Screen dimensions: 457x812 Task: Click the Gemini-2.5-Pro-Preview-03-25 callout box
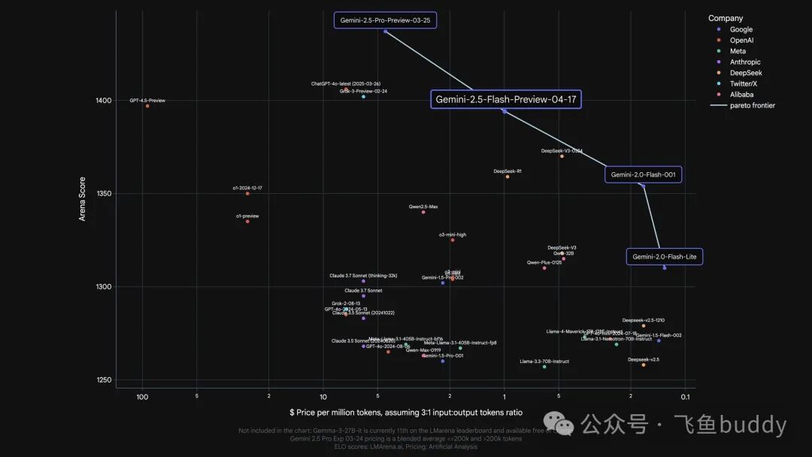(x=385, y=20)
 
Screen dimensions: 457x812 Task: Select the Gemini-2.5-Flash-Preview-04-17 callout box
(x=506, y=99)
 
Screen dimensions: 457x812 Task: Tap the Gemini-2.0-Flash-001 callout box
(x=644, y=174)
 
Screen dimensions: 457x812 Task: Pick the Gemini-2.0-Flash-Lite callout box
(x=665, y=257)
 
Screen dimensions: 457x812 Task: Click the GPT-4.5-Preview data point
(x=147, y=106)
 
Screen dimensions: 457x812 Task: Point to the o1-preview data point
(x=247, y=221)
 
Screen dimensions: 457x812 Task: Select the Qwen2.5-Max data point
(x=423, y=212)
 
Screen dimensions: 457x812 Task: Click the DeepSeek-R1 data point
(x=507, y=177)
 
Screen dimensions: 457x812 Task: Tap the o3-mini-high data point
(x=453, y=240)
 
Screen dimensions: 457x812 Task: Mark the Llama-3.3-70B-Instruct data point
(x=544, y=367)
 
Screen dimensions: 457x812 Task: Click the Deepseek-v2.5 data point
(x=644, y=365)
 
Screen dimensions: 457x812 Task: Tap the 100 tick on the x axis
(x=142, y=397)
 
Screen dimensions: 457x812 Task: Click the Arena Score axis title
(x=83, y=199)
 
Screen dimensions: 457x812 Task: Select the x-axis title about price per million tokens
(x=405, y=413)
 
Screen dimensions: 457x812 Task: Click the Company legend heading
(x=725, y=18)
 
